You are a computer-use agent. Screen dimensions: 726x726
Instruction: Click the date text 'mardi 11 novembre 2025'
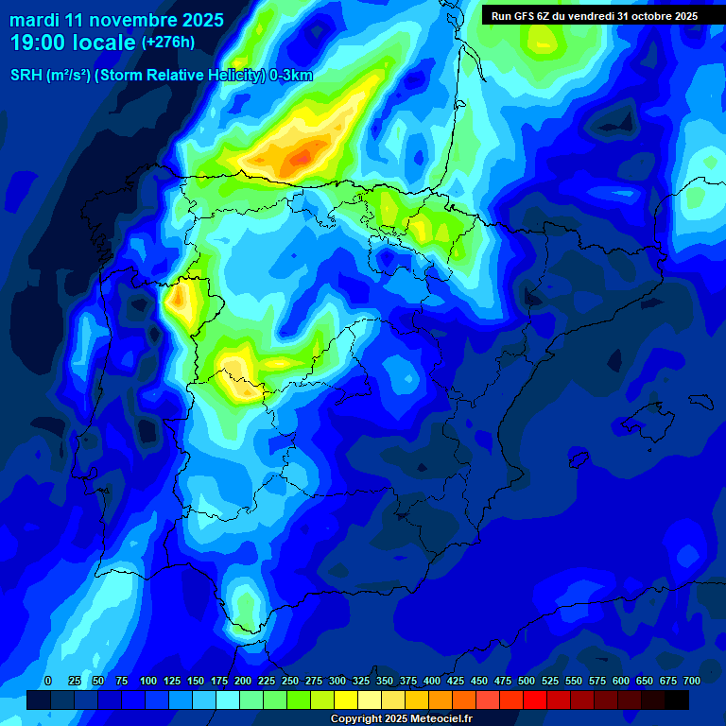pyautogui.click(x=116, y=20)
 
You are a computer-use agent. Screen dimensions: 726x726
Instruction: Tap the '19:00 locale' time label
pyautogui.click(x=73, y=43)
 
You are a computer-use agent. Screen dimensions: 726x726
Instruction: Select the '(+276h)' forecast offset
pyautogui.click(x=167, y=43)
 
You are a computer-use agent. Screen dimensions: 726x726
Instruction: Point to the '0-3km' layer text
pyautogui.click(x=291, y=76)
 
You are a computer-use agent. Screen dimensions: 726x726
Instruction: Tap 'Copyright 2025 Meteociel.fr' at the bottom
pyautogui.click(x=401, y=718)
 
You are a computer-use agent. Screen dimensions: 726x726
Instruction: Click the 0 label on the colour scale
pyautogui.click(x=48, y=681)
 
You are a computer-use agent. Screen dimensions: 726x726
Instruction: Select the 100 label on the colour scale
pyautogui.click(x=148, y=681)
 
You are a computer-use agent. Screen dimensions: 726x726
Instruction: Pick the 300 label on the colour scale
pyautogui.click(x=337, y=681)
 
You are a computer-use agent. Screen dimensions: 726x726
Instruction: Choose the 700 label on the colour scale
pyautogui.click(x=691, y=681)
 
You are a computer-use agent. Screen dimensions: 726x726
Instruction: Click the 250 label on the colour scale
pyautogui.click(x=290, y=681)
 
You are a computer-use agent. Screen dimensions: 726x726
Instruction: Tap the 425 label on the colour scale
pyautogui.click(x=456, y=681)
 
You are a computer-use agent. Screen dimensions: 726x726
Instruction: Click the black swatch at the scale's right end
pyautogui.click(x=677, y=700)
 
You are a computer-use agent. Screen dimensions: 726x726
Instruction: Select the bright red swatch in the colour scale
pyautogui.click(x=535, y=700)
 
